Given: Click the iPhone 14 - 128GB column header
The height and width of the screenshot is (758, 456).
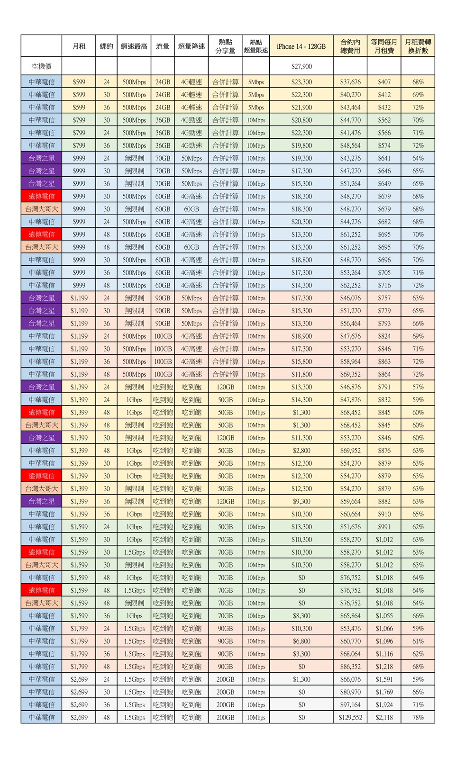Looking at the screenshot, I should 301,46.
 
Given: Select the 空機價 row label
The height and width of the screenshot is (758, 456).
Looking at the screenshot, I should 41,66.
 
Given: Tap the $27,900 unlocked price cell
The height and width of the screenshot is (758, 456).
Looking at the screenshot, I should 301,66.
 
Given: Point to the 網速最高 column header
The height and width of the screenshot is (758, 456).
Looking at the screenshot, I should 134,46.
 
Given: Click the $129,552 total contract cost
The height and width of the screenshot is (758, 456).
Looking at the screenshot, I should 350,717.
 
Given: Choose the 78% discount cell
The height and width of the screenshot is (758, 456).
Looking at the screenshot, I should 418,717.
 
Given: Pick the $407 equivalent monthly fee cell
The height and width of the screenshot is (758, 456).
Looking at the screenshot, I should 384,82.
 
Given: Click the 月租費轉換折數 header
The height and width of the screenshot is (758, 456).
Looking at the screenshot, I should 418,46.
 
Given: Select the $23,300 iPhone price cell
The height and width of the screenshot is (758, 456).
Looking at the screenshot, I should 301,82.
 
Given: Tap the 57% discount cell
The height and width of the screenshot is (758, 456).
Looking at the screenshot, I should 418,387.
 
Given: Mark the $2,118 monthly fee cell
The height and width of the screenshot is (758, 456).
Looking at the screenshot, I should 384,717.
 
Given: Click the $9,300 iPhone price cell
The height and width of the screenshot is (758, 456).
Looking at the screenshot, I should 301,501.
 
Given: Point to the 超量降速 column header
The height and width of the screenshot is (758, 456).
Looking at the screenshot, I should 192,46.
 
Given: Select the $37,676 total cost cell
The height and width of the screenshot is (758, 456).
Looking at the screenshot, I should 350,82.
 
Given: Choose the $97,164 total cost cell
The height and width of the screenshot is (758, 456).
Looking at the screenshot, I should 350,704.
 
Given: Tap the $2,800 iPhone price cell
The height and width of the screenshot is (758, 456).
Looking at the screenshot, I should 301,451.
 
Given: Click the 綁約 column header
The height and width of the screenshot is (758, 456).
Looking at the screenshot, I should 107,46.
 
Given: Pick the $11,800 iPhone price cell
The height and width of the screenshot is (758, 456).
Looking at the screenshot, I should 301,374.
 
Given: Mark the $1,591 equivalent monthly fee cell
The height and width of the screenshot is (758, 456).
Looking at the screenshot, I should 384,679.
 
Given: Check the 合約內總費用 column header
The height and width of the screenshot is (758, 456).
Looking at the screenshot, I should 350,46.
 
